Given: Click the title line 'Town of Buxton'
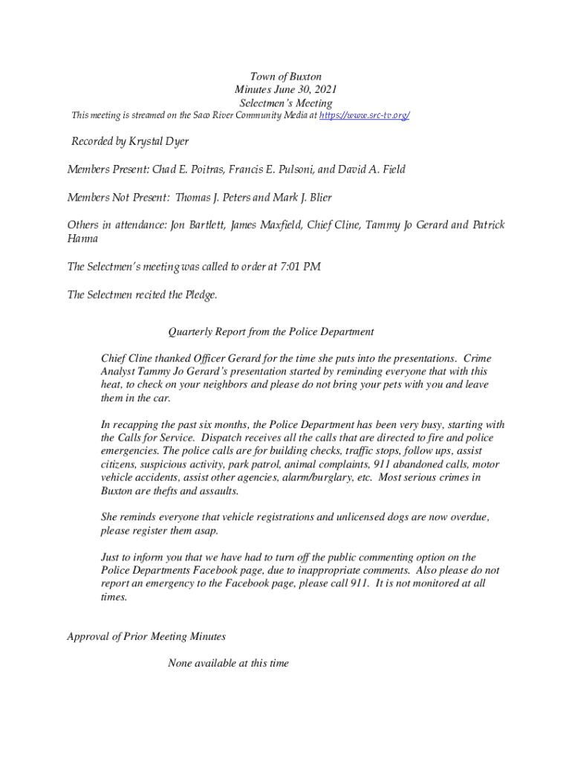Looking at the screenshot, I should [286, 77].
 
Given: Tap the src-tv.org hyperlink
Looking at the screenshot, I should [364, 116].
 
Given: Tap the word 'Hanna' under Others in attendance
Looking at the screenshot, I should [82, 239].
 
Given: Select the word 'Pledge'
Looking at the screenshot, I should [201, 295].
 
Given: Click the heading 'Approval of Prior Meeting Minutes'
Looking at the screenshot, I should [146, 637].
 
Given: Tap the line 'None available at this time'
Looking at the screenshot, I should [228, 663].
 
